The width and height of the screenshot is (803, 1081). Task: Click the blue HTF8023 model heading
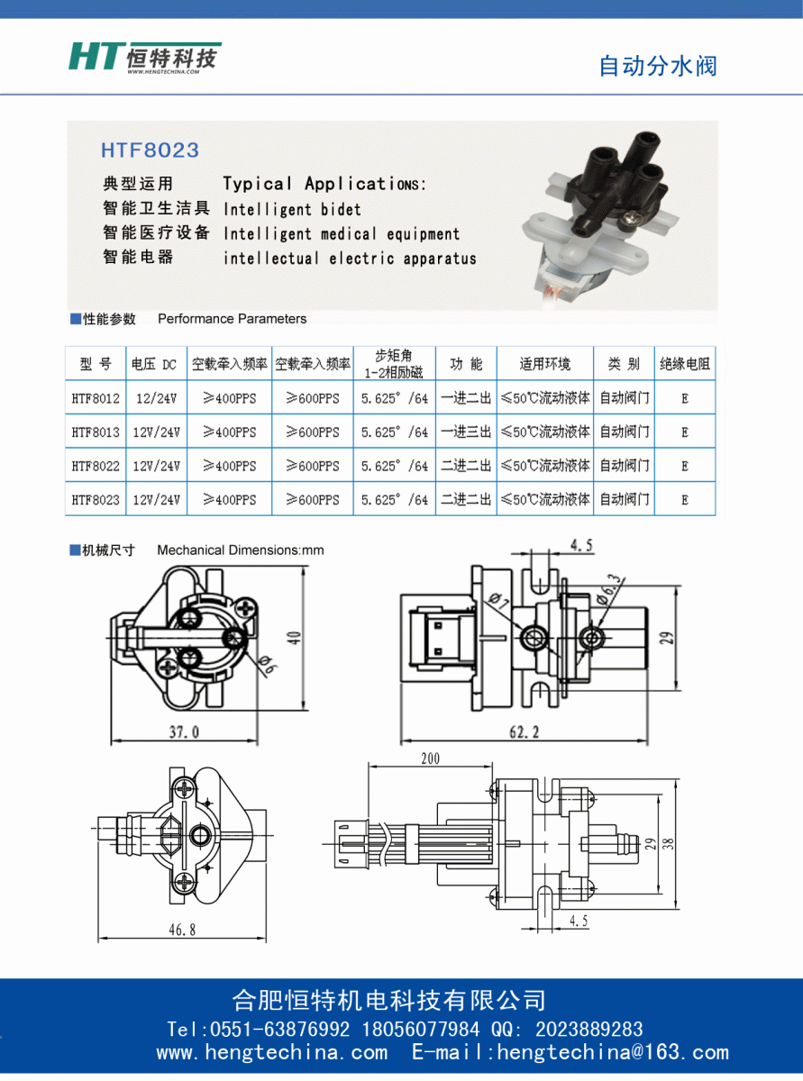coord(151,150)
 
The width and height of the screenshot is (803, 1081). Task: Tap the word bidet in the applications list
coord(341,210)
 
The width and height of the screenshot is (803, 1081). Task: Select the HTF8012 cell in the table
coord(96,399)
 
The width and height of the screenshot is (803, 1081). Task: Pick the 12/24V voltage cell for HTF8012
coord(157,399)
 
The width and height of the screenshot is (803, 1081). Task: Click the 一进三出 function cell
coord(466,431)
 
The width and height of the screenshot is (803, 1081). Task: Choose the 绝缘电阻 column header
coord(685,364)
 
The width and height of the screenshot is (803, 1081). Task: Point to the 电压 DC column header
coord(154,365)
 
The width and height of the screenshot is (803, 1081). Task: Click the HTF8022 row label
coord(96,467)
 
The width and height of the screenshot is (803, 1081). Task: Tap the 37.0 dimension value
coord(184,732)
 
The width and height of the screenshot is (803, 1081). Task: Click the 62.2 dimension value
coord(525,732)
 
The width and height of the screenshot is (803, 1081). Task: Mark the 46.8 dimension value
coord(182,930)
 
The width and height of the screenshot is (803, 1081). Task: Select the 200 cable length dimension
coord(430,759)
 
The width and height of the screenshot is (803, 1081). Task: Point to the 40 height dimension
coord(294,638)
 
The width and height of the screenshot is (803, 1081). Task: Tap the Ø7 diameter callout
coord(499,601)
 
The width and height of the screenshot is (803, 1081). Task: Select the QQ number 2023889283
coord(589,1030)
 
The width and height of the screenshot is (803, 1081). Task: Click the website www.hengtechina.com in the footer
coord(272,1052)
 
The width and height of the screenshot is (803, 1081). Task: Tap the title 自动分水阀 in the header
coord(658,67)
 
